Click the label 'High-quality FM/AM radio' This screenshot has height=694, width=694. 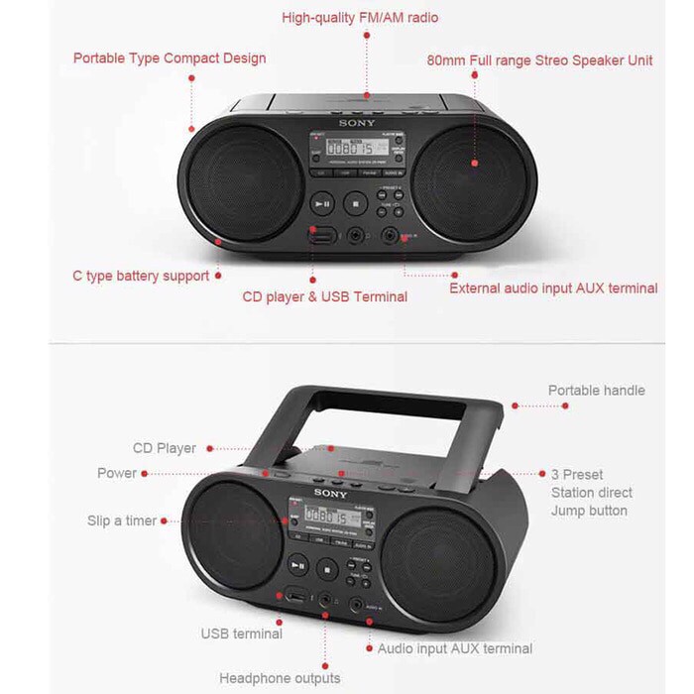coord(360,17)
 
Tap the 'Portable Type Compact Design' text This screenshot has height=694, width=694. coord(170,58)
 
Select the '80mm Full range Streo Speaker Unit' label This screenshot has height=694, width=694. coord(539,59)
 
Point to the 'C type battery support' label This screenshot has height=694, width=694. coord(141,276)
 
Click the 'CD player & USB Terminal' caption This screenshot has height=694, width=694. coord(324,296)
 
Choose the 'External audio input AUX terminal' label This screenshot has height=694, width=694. coord(553,289)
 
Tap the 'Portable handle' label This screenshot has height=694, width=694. coord(596,390)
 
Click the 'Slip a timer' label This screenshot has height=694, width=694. coord(121,520)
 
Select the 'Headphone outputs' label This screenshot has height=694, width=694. coord(280,678)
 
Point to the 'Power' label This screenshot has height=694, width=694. coord(117,473)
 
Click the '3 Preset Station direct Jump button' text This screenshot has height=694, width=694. coord(591,493)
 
